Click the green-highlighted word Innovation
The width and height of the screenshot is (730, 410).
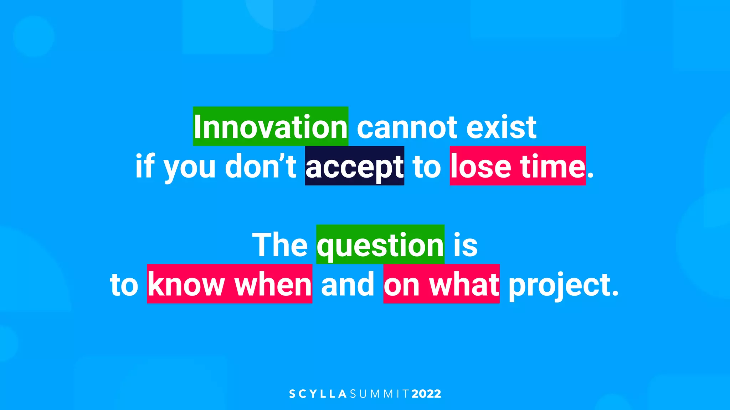pos(271,127)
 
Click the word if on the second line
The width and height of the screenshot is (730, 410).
pos(145,167)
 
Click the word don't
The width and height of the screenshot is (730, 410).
pos(261,167)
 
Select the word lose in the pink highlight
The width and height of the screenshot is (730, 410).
pos(481,167)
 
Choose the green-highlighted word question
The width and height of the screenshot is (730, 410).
pos(380,246)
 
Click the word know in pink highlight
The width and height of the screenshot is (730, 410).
pos(186,284)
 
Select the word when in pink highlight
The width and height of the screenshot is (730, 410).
pos(273,284)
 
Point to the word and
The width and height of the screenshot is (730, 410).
pos(348,284)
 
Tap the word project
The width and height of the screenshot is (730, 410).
pos(563,286)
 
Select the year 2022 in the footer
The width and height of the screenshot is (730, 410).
pos(426,394)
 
